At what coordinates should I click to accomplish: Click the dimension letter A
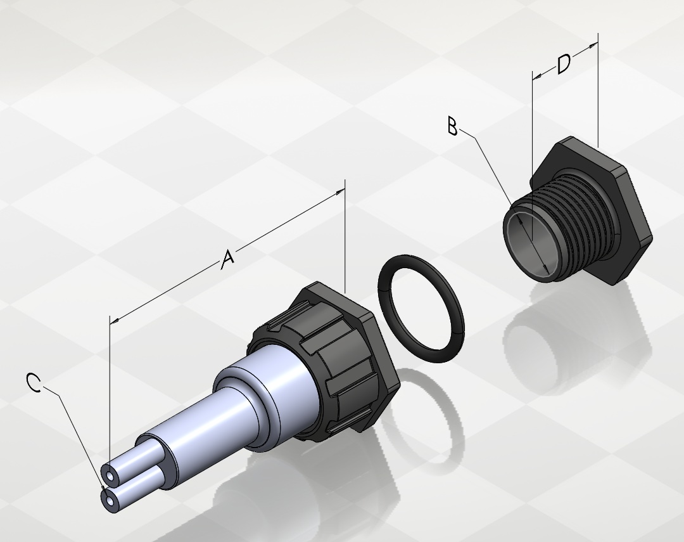click(228, 259)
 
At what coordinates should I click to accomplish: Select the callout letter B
click(452, 126)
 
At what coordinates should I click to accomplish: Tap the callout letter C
click(34, 382)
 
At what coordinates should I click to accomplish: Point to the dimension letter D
click(564, 64)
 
